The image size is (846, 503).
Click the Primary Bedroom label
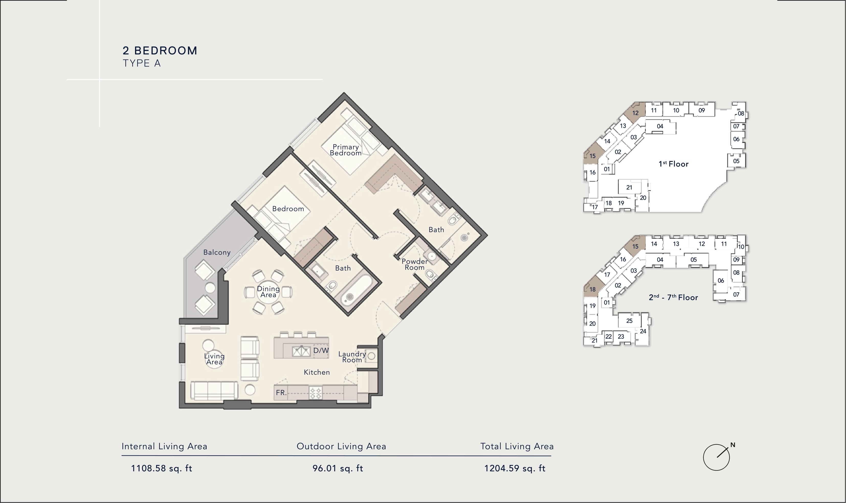coord(346,150)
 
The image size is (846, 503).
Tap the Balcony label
coord(217,252)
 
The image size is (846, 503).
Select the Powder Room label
coord(415,264)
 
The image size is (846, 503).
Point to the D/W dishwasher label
coord(321,350)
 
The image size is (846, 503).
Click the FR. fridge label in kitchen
coord(281,392)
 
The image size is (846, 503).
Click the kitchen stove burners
coord(316,393)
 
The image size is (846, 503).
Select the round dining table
coord(268,292)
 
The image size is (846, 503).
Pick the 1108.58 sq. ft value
coord(161,469)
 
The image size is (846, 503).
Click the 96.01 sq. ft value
coord(338,469)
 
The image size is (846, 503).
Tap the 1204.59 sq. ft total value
coord(515,469)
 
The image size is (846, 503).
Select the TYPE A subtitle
coord(142,63)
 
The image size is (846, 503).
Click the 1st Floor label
coord(673,164)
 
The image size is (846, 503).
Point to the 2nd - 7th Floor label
coord(673,297)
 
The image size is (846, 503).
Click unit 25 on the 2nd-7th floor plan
coord(629,321)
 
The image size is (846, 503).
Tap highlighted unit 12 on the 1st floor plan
coord(635,113)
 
